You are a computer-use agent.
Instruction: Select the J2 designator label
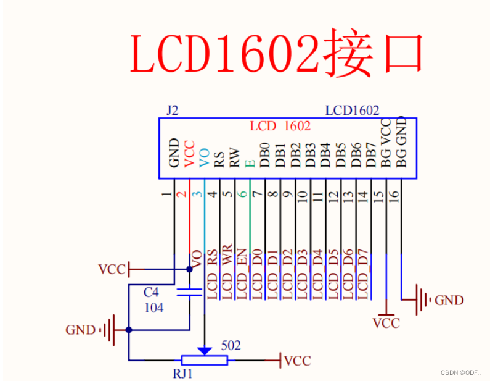pos(173,111)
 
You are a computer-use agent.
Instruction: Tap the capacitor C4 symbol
pos(190,292)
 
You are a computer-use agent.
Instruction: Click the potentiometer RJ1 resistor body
pos(204,360)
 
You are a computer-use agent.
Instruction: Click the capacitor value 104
pos(154,307)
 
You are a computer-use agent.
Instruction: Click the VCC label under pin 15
pos(386,323)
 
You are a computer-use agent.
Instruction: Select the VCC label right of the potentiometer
pos(298,361)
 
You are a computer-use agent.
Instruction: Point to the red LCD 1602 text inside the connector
pos(280,126)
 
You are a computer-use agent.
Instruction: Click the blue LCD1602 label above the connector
pos(352,111)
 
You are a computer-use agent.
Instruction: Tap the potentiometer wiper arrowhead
pos(204,350)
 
